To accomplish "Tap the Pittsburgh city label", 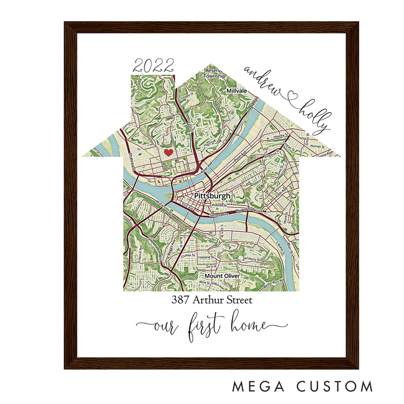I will point(212,195).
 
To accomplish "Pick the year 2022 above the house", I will point(153,65).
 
